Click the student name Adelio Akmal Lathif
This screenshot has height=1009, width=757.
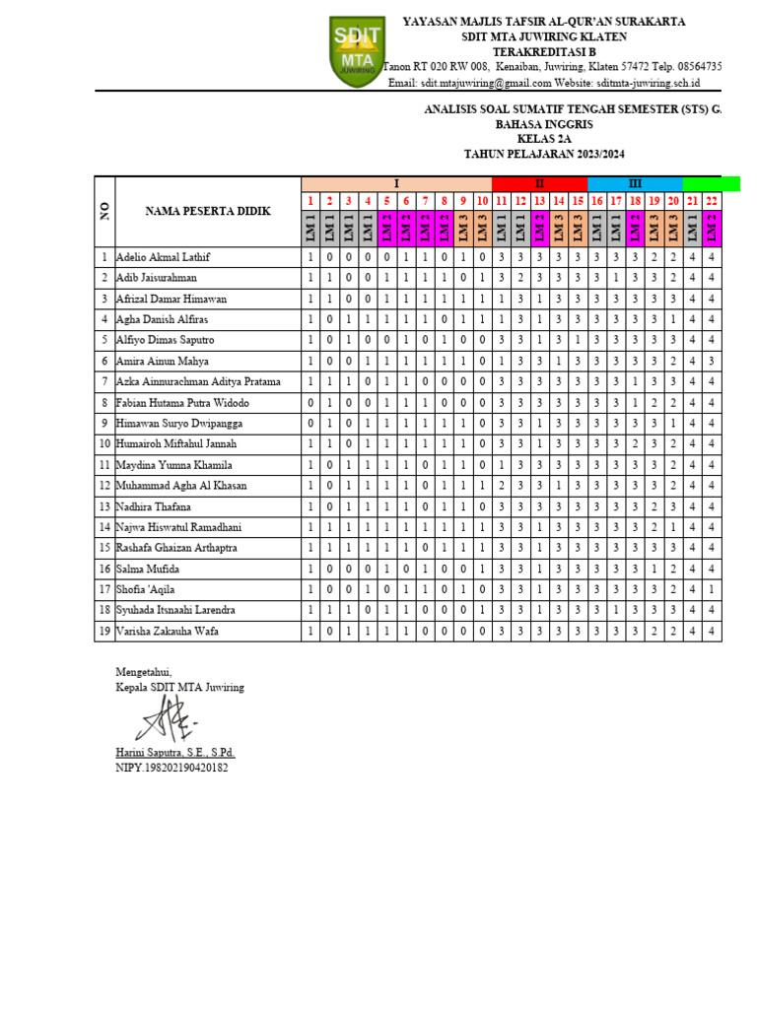(x=164, y=257)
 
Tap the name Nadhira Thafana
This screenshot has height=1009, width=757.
(x=154, y=506)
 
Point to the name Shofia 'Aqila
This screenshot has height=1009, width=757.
(x=148, y=589)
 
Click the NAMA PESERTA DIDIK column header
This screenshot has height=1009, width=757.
(x=208, y=211)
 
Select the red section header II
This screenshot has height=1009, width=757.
(x=539, y=184)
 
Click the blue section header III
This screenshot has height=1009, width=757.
(x=635, y=184)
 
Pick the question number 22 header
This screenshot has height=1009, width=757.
(x=711, y=201)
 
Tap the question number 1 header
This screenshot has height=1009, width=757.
(x=310, y=201)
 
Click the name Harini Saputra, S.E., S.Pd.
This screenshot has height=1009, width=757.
(x=175, y=753)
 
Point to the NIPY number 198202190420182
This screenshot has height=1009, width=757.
(x=172, y=768)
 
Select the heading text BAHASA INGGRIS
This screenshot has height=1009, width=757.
(x=544, y=126)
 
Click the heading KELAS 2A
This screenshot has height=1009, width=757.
(x=544, y=140)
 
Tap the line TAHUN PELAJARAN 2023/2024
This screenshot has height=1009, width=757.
(x=544, y=155)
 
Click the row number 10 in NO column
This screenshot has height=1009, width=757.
(x=103, y=444)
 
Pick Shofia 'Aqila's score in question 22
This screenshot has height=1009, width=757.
(x=711, y=589)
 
